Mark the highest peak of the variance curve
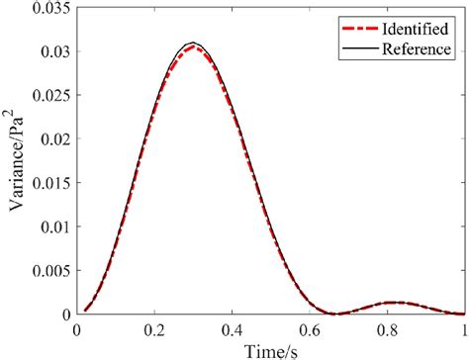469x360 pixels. tap(193, 44)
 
